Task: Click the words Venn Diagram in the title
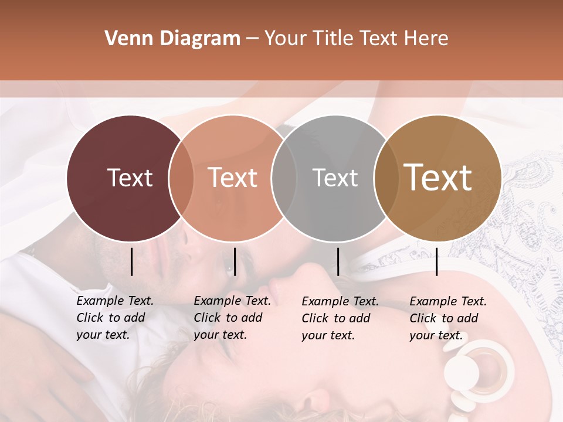pyautogui.click(x=172, y=39)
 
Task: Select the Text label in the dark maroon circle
pyautogui.click(x=130, y=178)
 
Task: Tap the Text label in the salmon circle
pyautogui.click(x=232, y=178)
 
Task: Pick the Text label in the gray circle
pyautogui.click(x=335, y=178)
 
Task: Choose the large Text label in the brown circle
pyautogui.click(x=437, y=178)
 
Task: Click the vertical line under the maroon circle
pyautogui.click(x=131, y=261)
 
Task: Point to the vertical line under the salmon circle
pyautogui.click(x=235, y=261)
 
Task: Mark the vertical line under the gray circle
pyautogui.click(x=338, y=261)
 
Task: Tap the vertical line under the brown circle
pyautogui.click(x=436, y=261)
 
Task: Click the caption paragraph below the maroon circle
pyautogui.click(x=114, y=318)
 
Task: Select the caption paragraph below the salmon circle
pyautogui.click(x=232, y=318)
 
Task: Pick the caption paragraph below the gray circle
pyautogui.click(x=340, y=318)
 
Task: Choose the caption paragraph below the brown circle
pyautogui.click(x=447, y=318)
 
